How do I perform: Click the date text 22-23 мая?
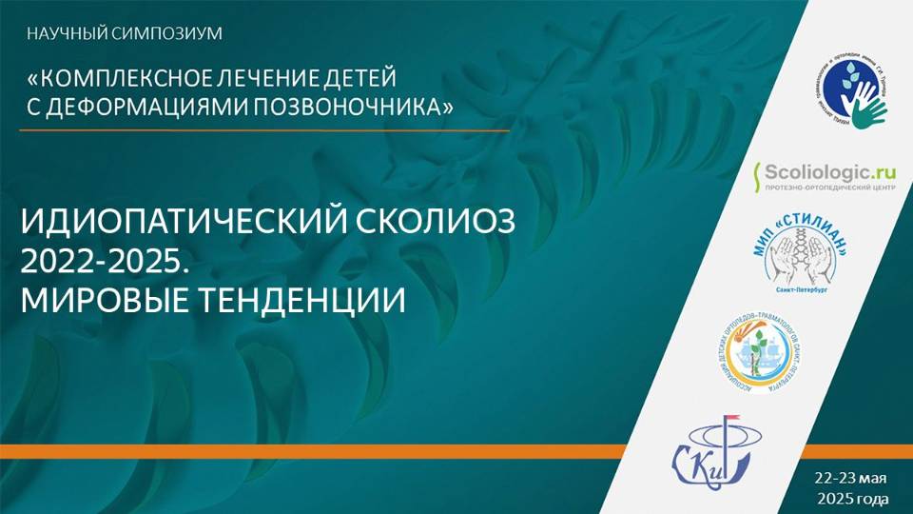(850, 477)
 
